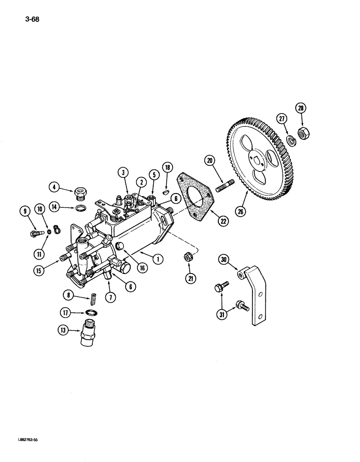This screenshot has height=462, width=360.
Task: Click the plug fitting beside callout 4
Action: [81, 190]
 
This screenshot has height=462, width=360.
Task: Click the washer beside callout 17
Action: [92, 313]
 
